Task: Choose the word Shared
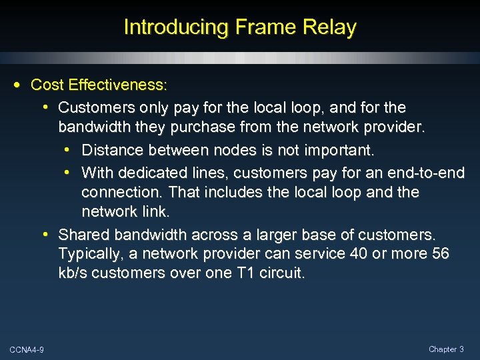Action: [84, 235]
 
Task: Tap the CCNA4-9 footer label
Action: [27, 349]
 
